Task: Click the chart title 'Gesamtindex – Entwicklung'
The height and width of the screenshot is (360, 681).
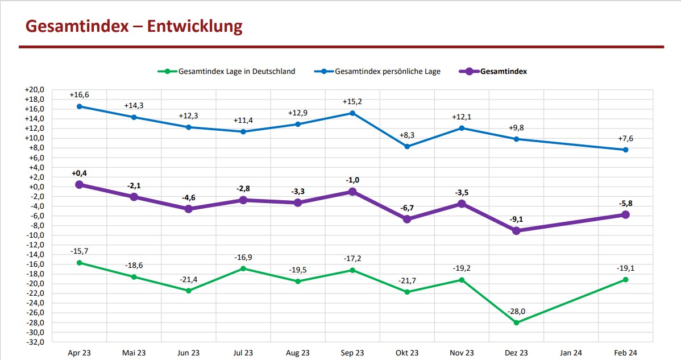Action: (134, 26)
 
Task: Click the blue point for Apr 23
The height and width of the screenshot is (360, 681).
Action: (79, 106)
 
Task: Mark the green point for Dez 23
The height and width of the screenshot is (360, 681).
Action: (516, 322)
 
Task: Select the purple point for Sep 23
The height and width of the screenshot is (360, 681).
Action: (352, 192)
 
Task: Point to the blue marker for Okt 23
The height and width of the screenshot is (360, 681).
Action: (407, 146)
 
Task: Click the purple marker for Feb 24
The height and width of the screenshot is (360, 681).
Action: (625, 214)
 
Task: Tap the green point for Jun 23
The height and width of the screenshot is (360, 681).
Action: (189, 291)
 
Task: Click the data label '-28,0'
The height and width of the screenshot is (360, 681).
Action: (516, 311)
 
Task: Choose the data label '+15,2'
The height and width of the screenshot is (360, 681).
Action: (352, 102)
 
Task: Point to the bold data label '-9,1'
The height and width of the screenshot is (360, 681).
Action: (516, 219)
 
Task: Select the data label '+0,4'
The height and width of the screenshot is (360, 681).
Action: (79, 173)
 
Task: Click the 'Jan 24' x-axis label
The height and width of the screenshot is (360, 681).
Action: (571, 353)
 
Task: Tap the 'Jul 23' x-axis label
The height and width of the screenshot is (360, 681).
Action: (243, 353)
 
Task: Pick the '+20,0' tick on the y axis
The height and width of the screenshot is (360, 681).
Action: (34, 90)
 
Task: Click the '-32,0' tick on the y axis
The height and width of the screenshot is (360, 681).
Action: (34, 342)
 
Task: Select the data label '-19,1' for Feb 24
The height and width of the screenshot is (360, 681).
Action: (625, 268)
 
